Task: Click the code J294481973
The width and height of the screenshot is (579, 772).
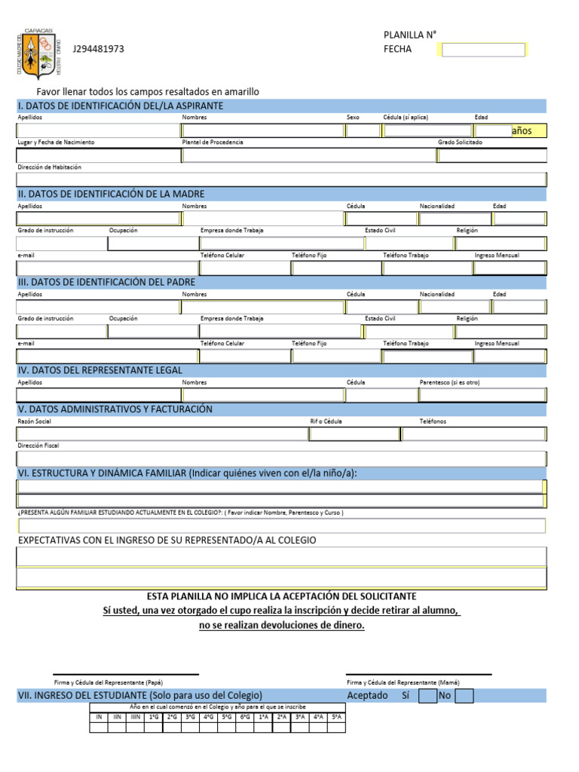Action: click(98, 50)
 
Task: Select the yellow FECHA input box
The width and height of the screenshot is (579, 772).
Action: click(482, 50)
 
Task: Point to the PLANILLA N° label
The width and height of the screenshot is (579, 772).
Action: click(410, 35)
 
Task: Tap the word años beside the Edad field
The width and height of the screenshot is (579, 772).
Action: click(522, 131)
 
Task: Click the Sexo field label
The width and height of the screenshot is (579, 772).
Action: click(354, 118)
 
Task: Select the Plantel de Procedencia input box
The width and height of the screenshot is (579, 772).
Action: click(308, 156)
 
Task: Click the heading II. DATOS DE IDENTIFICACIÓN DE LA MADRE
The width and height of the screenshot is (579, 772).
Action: click(111, 194)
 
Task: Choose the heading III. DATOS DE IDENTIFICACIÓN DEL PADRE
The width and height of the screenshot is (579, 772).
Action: click(106, 282)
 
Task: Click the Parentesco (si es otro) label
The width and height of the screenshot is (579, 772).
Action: click(449, 382)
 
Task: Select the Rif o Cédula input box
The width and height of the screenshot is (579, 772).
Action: click(354, 433)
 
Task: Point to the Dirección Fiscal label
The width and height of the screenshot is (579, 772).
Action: click(38, 446)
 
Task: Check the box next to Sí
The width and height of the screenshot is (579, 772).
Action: click(427, 696)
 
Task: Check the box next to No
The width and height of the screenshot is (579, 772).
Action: click(464, 696)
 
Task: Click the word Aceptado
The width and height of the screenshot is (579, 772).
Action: click(367, 696)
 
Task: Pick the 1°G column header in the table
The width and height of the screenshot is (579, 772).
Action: click(154, 717)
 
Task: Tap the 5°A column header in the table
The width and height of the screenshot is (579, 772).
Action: click(336, 717)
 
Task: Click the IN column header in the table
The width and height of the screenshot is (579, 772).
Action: click(99, 717)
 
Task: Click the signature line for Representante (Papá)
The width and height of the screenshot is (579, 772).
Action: click(126, 674)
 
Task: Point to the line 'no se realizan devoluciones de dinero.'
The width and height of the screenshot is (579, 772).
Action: click(281, 626)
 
